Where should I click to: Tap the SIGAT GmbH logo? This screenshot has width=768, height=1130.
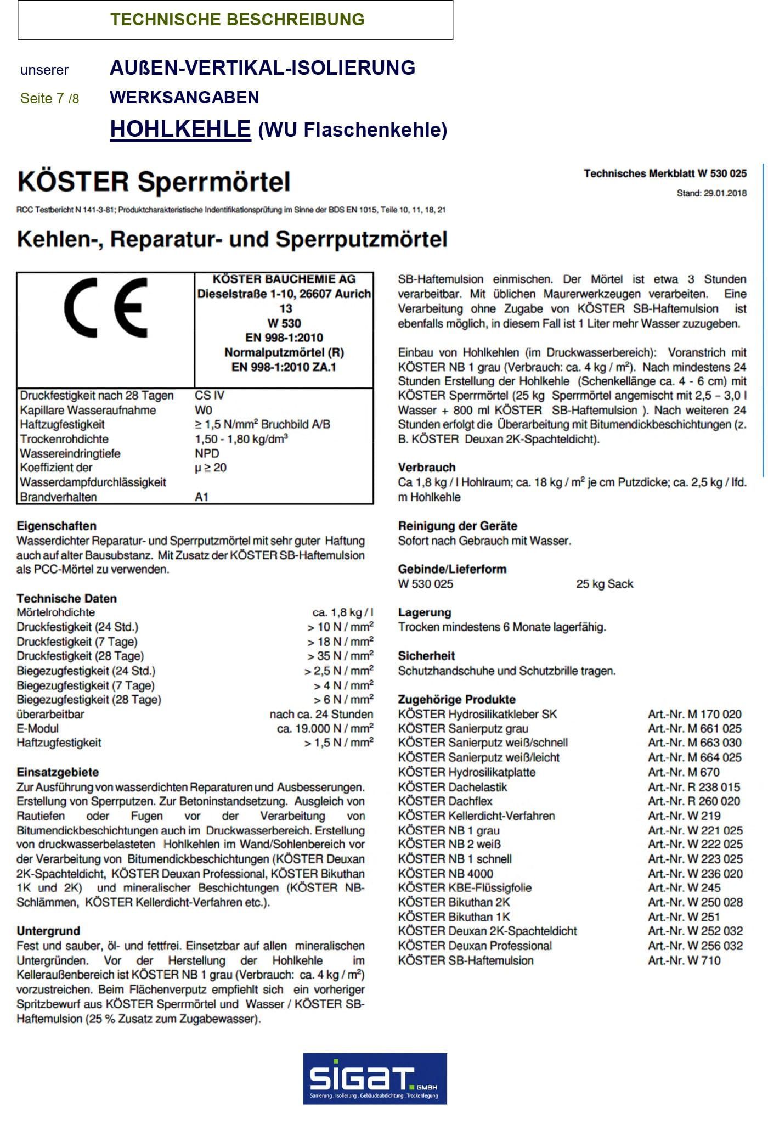tap(375, 1078)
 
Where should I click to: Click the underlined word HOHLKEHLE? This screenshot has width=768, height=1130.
tap(180, 129)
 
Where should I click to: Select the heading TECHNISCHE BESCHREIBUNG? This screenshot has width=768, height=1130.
tap(237, 20)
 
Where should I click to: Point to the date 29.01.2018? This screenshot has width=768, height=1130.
tap(725, 193)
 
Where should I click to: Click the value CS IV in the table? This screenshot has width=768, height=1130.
tap(210, 396)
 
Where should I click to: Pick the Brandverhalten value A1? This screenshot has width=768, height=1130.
tap(202, 497)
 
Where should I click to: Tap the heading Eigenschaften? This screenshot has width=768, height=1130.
tap(57, 526)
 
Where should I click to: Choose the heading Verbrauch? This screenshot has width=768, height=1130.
tap(427, 468)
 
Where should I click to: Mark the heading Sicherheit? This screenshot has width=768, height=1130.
tap(427, 656)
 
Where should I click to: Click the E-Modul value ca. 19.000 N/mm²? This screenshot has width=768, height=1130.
tap(325, 729)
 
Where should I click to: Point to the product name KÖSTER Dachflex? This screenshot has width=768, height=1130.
tap(445, 801)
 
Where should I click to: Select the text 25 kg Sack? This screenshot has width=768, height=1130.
tap(605, 584)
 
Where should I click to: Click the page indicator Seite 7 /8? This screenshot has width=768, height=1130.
tap(50, 98)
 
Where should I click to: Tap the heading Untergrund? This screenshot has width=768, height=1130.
tap(48, 931)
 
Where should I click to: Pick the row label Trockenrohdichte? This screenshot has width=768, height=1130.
tap(64, 439)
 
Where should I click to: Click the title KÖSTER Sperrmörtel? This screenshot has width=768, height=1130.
tap(154, 182)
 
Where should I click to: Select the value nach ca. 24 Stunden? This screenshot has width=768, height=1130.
tap(321, 715)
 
